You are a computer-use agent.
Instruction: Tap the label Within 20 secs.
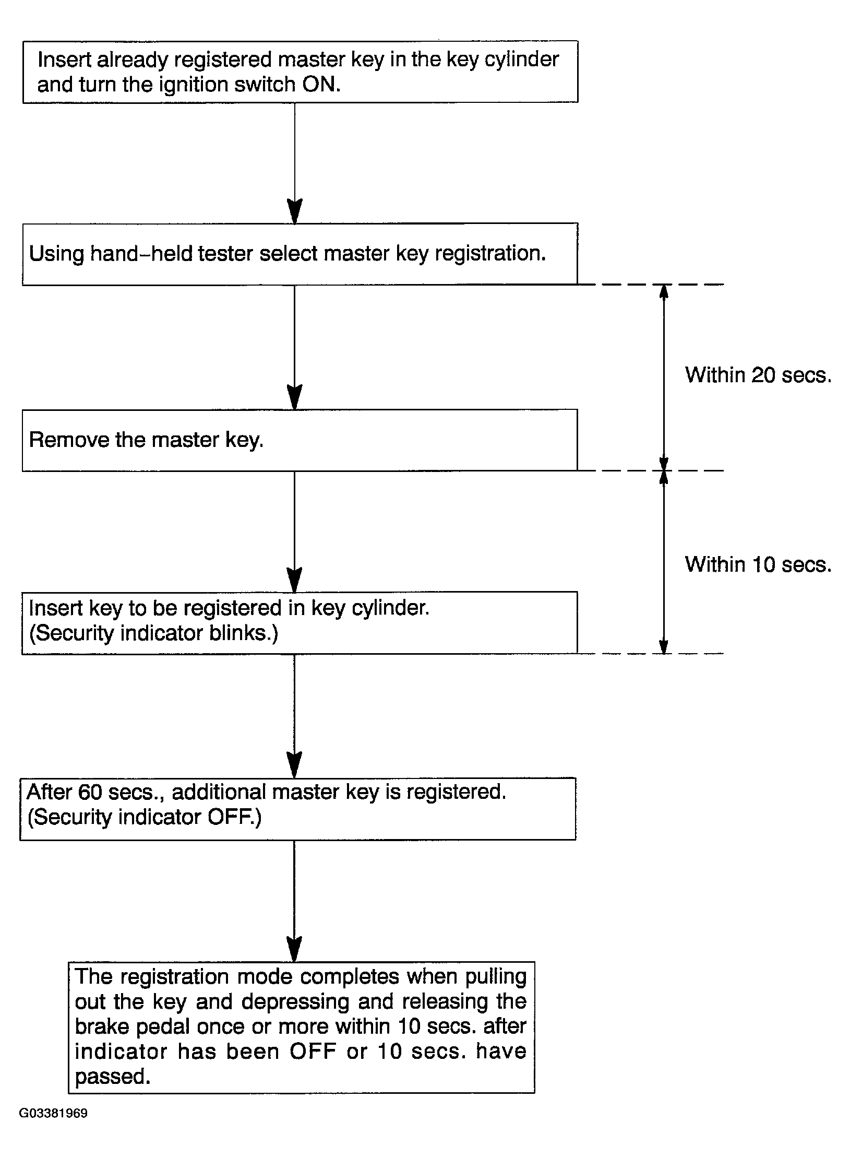758,375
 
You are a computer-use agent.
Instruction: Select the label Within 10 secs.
758,564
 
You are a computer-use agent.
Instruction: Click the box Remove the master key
300,440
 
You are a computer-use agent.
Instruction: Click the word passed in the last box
113,1077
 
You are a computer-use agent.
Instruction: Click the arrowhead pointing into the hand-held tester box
295,211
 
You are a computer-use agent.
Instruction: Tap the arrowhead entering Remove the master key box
295,397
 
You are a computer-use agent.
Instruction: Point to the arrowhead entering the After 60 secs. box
295,765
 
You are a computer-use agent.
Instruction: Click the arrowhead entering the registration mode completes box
295,949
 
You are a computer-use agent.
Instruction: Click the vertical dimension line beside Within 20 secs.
664,377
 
